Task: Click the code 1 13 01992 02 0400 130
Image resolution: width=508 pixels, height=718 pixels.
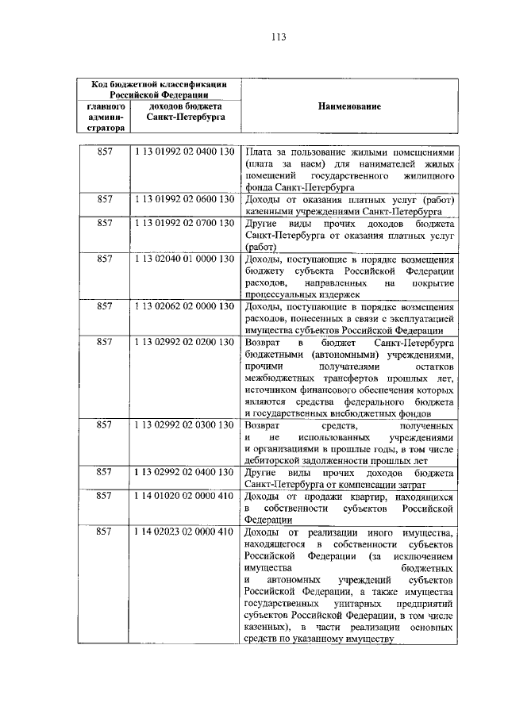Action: pos(184,152)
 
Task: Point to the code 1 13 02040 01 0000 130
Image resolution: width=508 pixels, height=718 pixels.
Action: pos(184,259)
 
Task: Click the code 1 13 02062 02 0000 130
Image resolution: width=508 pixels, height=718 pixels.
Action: pos(184,306)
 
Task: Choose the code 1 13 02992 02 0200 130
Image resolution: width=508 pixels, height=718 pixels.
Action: pos(184,342)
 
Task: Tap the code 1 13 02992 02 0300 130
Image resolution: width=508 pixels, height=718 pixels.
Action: pos(184,425)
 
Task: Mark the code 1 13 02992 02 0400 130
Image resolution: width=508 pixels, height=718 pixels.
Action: pos(184,473)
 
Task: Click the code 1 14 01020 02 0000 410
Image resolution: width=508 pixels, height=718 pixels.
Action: pos(184,497)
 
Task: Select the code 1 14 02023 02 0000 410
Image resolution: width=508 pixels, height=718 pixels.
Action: pos(184,532)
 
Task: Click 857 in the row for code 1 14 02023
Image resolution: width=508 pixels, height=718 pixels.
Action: pos(105,532)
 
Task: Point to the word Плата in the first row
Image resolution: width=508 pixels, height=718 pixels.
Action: pos(258,152)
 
